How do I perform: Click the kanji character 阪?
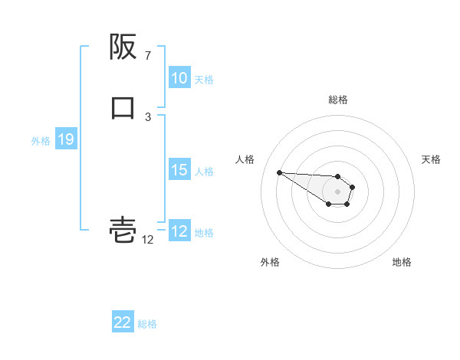(123, 47)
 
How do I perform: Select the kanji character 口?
(123, 107)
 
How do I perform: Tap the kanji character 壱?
(123, 229)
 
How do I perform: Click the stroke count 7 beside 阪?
(148, 56)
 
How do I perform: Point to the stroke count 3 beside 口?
(148, 116)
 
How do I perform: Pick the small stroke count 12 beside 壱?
(148, 240)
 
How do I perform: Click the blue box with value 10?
(179, 78)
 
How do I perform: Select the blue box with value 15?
(179, 170)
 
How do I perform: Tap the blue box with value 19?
(65, 139)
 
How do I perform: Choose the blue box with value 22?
(123, 322)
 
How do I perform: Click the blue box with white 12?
(179, 231)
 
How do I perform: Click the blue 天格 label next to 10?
(204, 79)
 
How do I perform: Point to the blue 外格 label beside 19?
(41, 140)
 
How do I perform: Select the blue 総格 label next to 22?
(147, 323)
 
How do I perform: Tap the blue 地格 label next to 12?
(204, 232)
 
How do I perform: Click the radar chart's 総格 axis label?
(338, 100)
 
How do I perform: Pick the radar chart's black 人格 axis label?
(245, 159)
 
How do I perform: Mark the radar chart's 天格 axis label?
(431, 159)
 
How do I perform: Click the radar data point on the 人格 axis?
(279, 172)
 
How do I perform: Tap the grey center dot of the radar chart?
(337, 191)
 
